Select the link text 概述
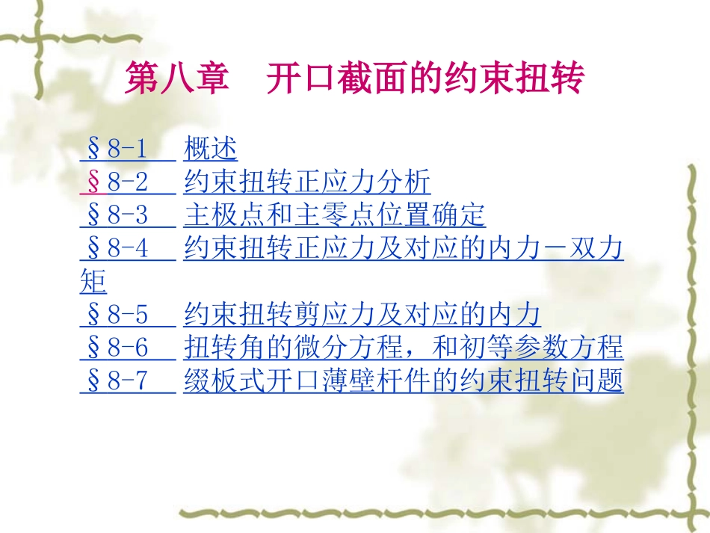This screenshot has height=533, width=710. pyautogui.click(x=210, y=150)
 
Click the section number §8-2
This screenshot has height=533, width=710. pyautogui.click(x=120, y=182)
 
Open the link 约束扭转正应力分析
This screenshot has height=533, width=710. pyautogui.click(x=307, y=182)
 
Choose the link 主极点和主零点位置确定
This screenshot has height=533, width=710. pyautogui.click(x=334, y=215)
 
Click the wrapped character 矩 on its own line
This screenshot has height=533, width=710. pyautogui.click(x=93, y=283)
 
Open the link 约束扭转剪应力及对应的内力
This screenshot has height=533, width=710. pyautogui.click(x=362, y=315)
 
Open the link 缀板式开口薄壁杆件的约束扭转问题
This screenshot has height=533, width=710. pyautogui.click(x=404, y=381)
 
